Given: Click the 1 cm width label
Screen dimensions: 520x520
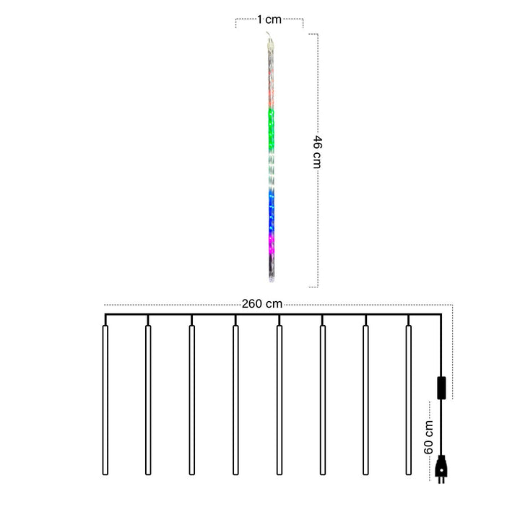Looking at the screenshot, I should coord(269,20).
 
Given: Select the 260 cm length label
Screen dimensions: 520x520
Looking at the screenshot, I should coord(263,304).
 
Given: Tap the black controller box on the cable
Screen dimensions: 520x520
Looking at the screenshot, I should coord(441,386).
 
